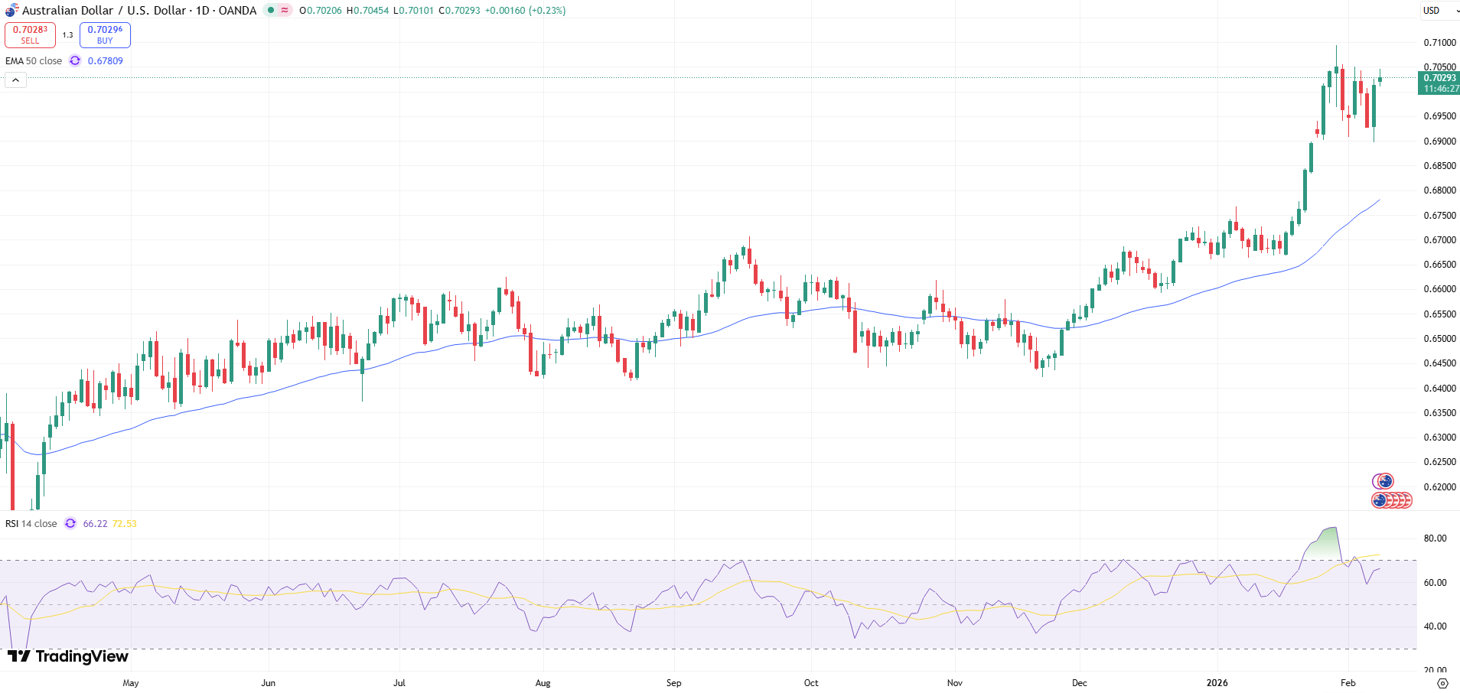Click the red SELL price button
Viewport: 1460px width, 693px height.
pyautogui.click(x=30, y=34)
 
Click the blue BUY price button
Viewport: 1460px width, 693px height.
pyautogui.click(x=105, y=34)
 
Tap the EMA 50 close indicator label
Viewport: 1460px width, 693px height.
pyautogui.click(x=34, y=61)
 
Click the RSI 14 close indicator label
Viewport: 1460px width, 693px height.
pyautogui.click(x=31, y=524)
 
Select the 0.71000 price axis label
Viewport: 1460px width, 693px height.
pyautogui.click(x=1439, y=43)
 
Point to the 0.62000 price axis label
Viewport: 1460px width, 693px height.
pyautogui.click(x=1439, y=487)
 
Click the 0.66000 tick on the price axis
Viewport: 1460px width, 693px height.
pyautogui.click(x=1439, y=289)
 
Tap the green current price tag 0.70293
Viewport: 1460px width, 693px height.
pyautogui.click(x=1439, y=83)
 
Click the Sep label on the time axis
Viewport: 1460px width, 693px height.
pyautogui.click(x=673, y=683)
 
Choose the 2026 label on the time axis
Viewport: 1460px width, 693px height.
pyautogui.click(x=1217, y=683)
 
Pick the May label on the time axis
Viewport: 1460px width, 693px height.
pyautogui.click(x=131, y=683)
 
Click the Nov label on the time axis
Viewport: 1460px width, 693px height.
pyautogui.click(x=954, y=683)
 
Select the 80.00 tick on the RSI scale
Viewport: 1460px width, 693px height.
pyautogui.click(x=1435, y=538)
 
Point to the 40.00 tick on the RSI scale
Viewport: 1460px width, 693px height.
pyautogui.click(x=1435, y=626)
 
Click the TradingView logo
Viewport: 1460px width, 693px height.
pyautogui.click(x=68, y=656)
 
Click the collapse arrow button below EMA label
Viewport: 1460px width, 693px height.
pyautogui.click(x=15, y=80)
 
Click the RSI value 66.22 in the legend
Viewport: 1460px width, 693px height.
pyautogui.click(x=95, y=524)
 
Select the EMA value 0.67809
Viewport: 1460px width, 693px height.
pyautogui.click(x=105, y=61)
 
